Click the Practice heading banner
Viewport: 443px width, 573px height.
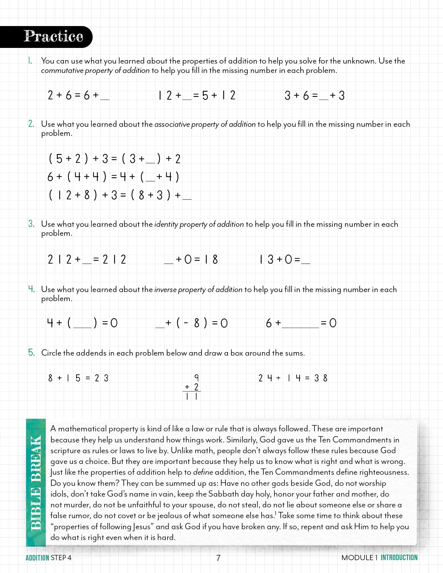52,36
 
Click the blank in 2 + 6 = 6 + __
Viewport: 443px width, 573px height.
105,97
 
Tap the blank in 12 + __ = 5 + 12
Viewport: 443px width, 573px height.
187,97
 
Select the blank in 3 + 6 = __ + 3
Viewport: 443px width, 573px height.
323,97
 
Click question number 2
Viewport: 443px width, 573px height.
31,124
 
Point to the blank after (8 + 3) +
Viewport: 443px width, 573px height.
187,197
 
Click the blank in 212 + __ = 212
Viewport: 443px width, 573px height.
87,261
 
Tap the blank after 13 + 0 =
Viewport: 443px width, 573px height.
306,261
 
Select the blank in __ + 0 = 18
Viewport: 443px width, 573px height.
169,261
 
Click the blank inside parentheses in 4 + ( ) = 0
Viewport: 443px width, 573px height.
82,325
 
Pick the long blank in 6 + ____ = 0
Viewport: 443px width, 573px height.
300,325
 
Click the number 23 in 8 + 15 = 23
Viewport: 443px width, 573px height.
101,378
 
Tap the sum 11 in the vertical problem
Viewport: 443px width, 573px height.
192,396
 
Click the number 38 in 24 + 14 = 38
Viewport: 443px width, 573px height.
321,378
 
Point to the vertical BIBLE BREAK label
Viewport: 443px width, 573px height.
36,483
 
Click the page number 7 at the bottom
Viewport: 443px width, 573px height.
218,558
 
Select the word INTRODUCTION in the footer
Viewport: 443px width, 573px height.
399,557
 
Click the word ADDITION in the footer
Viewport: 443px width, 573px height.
37,558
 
